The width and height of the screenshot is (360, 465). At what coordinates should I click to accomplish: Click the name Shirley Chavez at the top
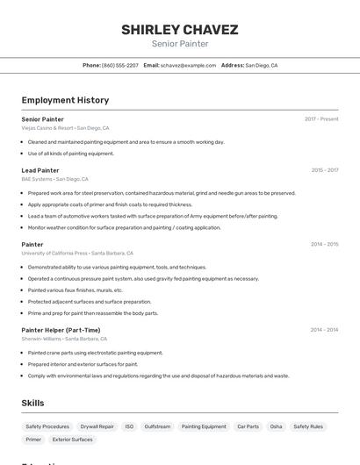[179, 30]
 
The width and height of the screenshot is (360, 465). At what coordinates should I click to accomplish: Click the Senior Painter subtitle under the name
[179, 44]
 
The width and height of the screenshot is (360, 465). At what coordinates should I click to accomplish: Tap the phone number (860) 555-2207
[119, 65]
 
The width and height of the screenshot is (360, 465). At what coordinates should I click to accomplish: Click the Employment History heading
[65, 100]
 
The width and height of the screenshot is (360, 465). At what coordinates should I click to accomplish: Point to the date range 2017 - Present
[321, 118]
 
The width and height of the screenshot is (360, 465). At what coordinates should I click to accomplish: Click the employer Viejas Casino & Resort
[47, 127]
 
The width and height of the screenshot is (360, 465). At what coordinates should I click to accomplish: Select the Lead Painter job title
[40, 170]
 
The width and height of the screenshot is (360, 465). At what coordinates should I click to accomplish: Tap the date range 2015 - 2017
[324, 170]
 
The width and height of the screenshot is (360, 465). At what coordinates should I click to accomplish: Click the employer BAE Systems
[37, 179]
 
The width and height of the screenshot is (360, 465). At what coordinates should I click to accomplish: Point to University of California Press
[54, 253]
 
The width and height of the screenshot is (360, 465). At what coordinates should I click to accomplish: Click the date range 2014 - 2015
[324, 244]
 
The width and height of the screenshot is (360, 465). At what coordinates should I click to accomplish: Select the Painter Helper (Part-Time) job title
[61, 330]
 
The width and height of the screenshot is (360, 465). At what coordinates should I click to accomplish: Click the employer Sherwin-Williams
[41, 339]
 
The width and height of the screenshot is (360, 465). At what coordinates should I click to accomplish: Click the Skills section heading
[32, 403]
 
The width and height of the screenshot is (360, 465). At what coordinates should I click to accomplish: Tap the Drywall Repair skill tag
[97, 426]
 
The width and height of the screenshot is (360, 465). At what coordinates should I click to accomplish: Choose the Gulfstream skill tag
[157, 426]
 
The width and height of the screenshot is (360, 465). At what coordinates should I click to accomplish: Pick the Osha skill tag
[276, 426]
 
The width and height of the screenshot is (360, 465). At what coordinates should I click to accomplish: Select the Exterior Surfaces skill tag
[72, 440]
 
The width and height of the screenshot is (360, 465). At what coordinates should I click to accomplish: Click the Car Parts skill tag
[248, 426]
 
